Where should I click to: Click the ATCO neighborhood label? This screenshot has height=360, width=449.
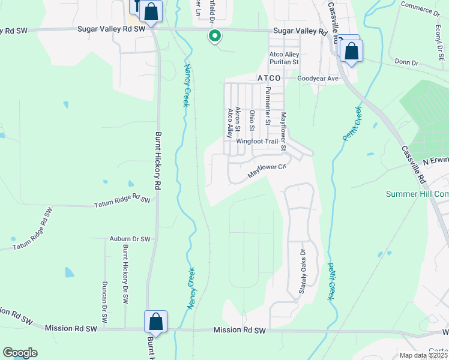click(x=269, y=79)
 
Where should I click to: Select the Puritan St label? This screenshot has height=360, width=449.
click(x=284, y=62)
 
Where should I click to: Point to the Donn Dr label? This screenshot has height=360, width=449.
click(x=406, y=62)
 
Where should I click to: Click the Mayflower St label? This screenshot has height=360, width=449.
click(x=284, y=131)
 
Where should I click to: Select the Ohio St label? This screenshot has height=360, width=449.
click(x=252, y=120)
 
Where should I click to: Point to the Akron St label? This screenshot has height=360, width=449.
click(x=238, y=120)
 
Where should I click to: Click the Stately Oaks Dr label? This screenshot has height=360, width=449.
click(x=303, y=271)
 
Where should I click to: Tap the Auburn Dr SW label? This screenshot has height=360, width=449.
click(x=130, y=239)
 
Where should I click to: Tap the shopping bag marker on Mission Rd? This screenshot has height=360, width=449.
click(x=155, y=322)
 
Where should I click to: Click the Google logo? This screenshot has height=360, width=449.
click(x=19, y=353)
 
